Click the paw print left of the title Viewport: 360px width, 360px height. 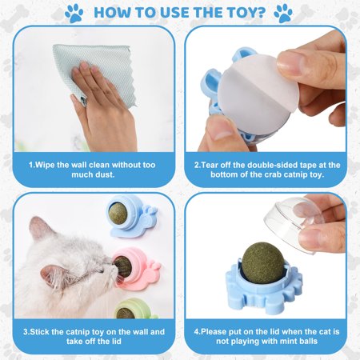(x=74, y=13)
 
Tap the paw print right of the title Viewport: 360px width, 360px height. (x=283, y=13)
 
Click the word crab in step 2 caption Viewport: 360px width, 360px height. (x=273, y=174)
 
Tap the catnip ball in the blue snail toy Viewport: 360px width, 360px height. (x=118, y=213)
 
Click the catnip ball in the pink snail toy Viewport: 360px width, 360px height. (x=123, y=266)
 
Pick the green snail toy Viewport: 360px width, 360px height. (x=134, y=309)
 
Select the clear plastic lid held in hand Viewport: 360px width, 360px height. (x=294, y=224)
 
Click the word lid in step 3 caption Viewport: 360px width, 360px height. (x=115, y=341)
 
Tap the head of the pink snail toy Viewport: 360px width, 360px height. (x=154, y=266)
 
